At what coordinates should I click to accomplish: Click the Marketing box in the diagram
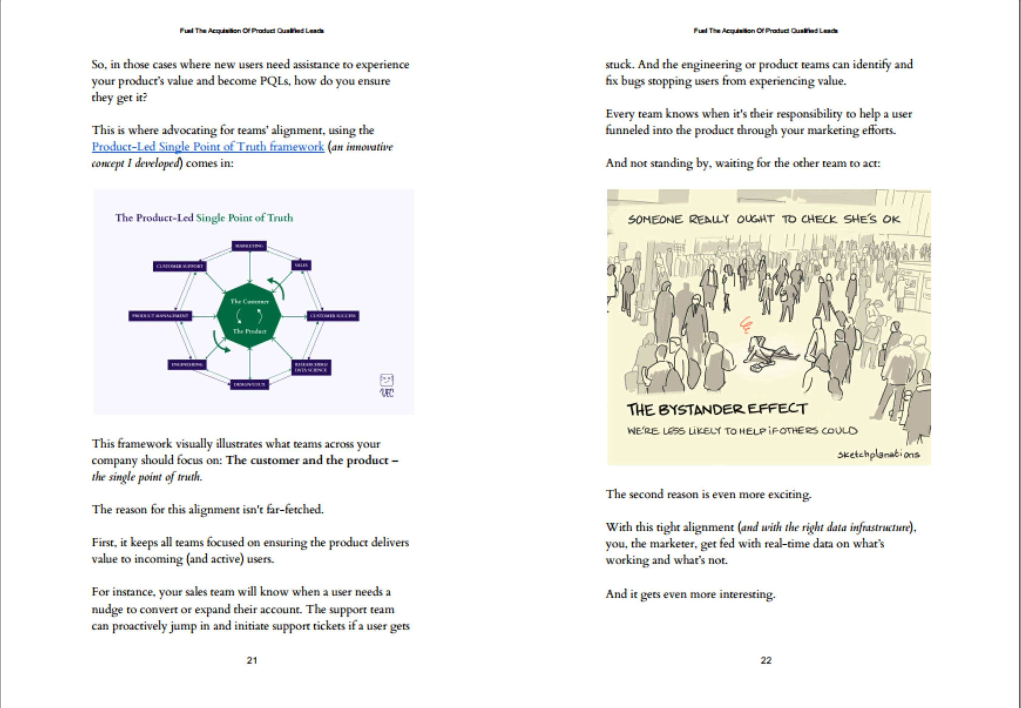coord(249,246)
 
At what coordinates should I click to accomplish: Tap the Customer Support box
coord(180,266)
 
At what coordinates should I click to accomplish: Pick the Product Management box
coord(160,316)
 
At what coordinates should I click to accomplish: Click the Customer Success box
coord(333,316)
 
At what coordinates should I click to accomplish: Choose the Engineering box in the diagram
coord(187,365)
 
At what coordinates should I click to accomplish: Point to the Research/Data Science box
coord(311,367)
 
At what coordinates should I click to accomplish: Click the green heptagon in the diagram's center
coord(249,316)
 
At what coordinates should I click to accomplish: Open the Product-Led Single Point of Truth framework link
coord(208,147)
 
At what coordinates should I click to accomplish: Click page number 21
coord(252,660)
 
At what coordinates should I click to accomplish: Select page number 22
coord(766,660)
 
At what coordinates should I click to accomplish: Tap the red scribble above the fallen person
coord(746,325)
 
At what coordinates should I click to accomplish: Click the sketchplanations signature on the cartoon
coord(878,454)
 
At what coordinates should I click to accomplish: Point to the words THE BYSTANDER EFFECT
coord(717,409)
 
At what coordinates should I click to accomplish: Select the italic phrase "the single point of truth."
coord(147,477)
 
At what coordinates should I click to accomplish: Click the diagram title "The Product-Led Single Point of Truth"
coord(204,218)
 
